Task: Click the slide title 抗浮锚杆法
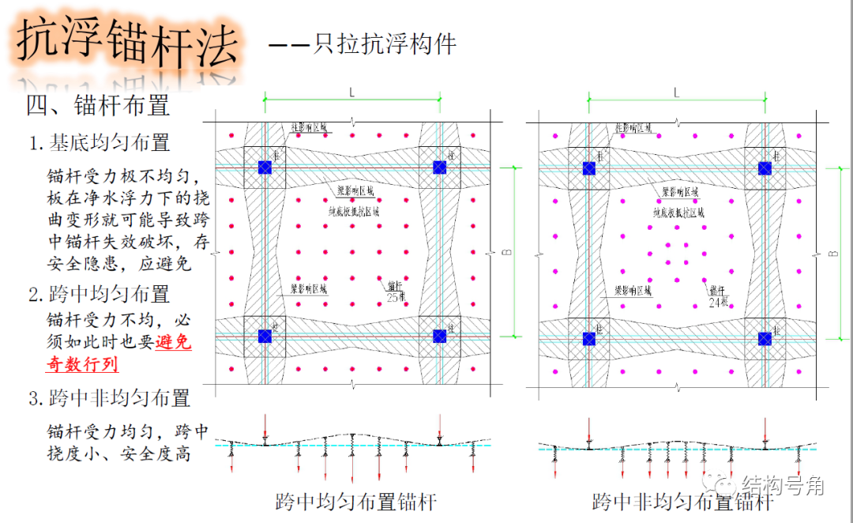pyautogui.click(x=126, y=43)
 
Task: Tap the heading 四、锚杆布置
pyautogui.click(x=98, y=105)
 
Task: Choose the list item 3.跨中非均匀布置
pyautogui.click(x=110, y=397)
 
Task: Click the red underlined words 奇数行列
pyautogui.click(x=78, y=364)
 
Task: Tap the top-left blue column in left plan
pyautogui.click(x=265, y=167)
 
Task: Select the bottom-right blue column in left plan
pyautogui.click(x=440, y=336)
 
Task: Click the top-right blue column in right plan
pyautogui.click(x=765, y=167)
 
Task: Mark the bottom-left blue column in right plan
pyautogui.click(x=589, y=338)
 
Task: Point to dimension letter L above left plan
pyautogui.click(x=351, y=92)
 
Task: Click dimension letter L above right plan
pyautogui.click(x=676, y=92)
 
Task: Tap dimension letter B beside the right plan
pyautogui.click(x=833, y=253)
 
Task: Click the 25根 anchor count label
pyautogui.click(x=396, y=297)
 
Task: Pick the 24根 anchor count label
pyautogui.click(x=718, y=301)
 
